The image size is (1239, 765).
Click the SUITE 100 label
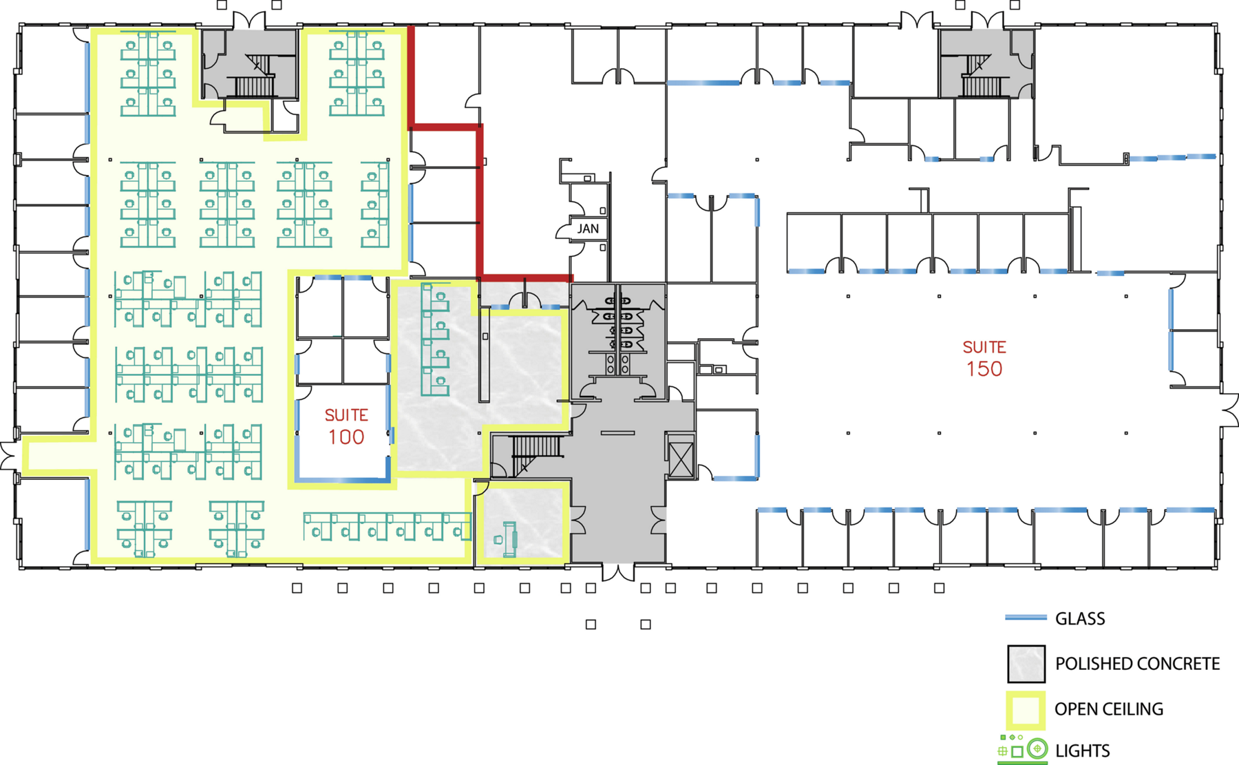[346, 426]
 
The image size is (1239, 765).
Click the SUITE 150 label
[984, 358]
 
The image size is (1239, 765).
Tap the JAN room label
[588, 229]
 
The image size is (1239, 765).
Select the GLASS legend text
[1080, 618]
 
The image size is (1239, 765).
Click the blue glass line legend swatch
[1026, 618]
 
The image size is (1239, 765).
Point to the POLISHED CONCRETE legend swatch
[1026, 664]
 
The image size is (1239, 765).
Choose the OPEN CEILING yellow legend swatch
[1026, 710]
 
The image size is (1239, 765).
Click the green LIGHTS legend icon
[1023, 750]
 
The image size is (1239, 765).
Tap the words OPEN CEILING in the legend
[1109, 709]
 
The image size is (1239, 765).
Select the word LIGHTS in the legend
[1082, 751]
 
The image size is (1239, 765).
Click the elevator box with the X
[681, 455]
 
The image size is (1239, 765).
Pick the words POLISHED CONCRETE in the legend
[1137, 664]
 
